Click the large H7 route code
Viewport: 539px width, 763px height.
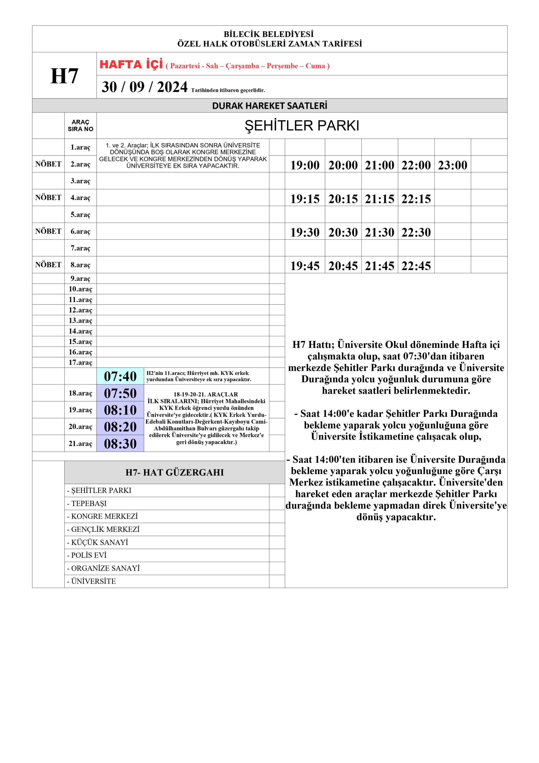(x=64, y=76)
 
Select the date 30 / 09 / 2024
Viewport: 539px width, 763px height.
(x=145, y=87)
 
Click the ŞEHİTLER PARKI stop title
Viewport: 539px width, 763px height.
(x=302, y=125)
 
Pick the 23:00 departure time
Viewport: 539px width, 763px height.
(x=452, y=165)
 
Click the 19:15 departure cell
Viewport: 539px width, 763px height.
(x=305, y=199)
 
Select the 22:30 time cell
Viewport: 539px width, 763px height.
(x=416, y=232)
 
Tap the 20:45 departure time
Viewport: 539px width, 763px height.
(x=343, y=266)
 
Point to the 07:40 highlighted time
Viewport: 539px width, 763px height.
(x=120, y=376)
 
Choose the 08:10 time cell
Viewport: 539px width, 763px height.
(x=120, y=410)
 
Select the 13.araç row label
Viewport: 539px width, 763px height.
(x=80, y=320)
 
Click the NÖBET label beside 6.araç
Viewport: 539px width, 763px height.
(x=48, y=231)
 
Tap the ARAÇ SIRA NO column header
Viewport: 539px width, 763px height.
(x=80, y=125)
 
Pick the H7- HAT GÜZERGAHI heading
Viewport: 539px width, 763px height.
(x=175, y=472)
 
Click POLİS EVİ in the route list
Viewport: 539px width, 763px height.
(x=89, y=555)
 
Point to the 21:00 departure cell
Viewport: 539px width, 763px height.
(x=379, y=165)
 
